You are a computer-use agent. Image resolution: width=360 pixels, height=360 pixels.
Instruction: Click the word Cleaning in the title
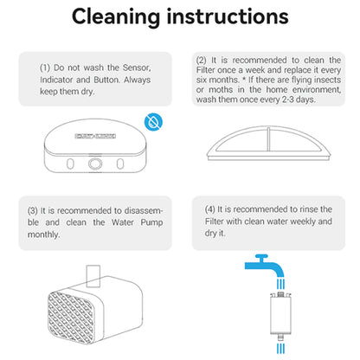pos(116,17)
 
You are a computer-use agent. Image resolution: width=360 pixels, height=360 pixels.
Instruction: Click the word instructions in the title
pos(228,16)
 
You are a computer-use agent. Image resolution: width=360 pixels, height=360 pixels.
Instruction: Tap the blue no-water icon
pos(153,122)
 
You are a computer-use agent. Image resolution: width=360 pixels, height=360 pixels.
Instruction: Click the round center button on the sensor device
pos(95,164)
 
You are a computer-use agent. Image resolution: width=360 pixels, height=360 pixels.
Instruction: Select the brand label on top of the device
pos(95,136)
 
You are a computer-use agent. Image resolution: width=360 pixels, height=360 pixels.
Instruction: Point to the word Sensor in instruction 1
pos(137,67)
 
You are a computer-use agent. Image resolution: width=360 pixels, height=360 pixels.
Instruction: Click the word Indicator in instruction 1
pos(56,80)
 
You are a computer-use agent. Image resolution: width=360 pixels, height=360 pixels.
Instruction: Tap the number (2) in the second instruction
pos(202,61)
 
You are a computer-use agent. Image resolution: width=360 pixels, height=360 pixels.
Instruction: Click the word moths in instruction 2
pos(221,90)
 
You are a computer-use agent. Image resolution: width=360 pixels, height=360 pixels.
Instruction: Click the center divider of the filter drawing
pos(268,139)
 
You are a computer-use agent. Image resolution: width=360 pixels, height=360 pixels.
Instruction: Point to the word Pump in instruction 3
pos(151,222)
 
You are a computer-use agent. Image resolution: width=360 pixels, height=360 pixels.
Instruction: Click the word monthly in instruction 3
pos(43,235)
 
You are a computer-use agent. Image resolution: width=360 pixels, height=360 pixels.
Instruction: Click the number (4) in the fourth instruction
pos(210,209)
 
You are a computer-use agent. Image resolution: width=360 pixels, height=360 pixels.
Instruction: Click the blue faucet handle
pos(261,257)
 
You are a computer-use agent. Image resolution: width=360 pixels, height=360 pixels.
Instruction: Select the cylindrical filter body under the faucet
pos(280,315)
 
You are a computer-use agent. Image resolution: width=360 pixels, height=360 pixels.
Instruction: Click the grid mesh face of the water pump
pos(71,318)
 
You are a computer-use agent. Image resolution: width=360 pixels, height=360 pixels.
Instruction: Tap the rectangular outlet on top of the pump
pos(93,276)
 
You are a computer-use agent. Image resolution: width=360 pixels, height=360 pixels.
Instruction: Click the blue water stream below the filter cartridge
pos(280,349)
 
